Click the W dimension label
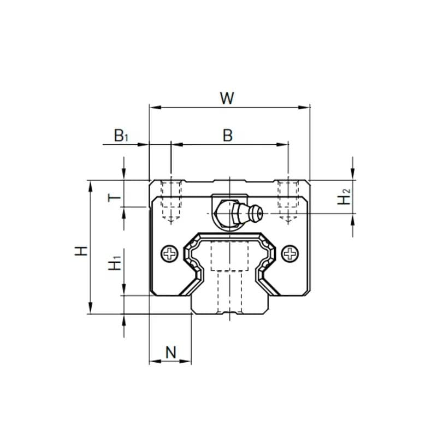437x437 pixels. pos(227,98)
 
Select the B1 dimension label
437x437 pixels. pos(121,135)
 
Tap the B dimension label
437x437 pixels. pos(228,135)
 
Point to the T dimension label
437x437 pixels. pos(114,198)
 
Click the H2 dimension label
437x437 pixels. pos(344,196)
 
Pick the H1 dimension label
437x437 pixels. pos(115,263)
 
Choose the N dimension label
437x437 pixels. pos(171,352)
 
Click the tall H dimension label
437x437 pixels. pos(81,251)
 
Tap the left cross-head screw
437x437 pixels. pos(169,253)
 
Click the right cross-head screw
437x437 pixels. pos(290,253)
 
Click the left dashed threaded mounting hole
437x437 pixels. pos(171,201)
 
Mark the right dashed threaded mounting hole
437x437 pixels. pos(288,201)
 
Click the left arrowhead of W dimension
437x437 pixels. pos(155,107)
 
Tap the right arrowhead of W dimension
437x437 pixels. pos(304,107)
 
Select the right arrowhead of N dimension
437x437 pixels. pos(185,362)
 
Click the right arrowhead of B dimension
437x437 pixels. pos(282,144)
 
